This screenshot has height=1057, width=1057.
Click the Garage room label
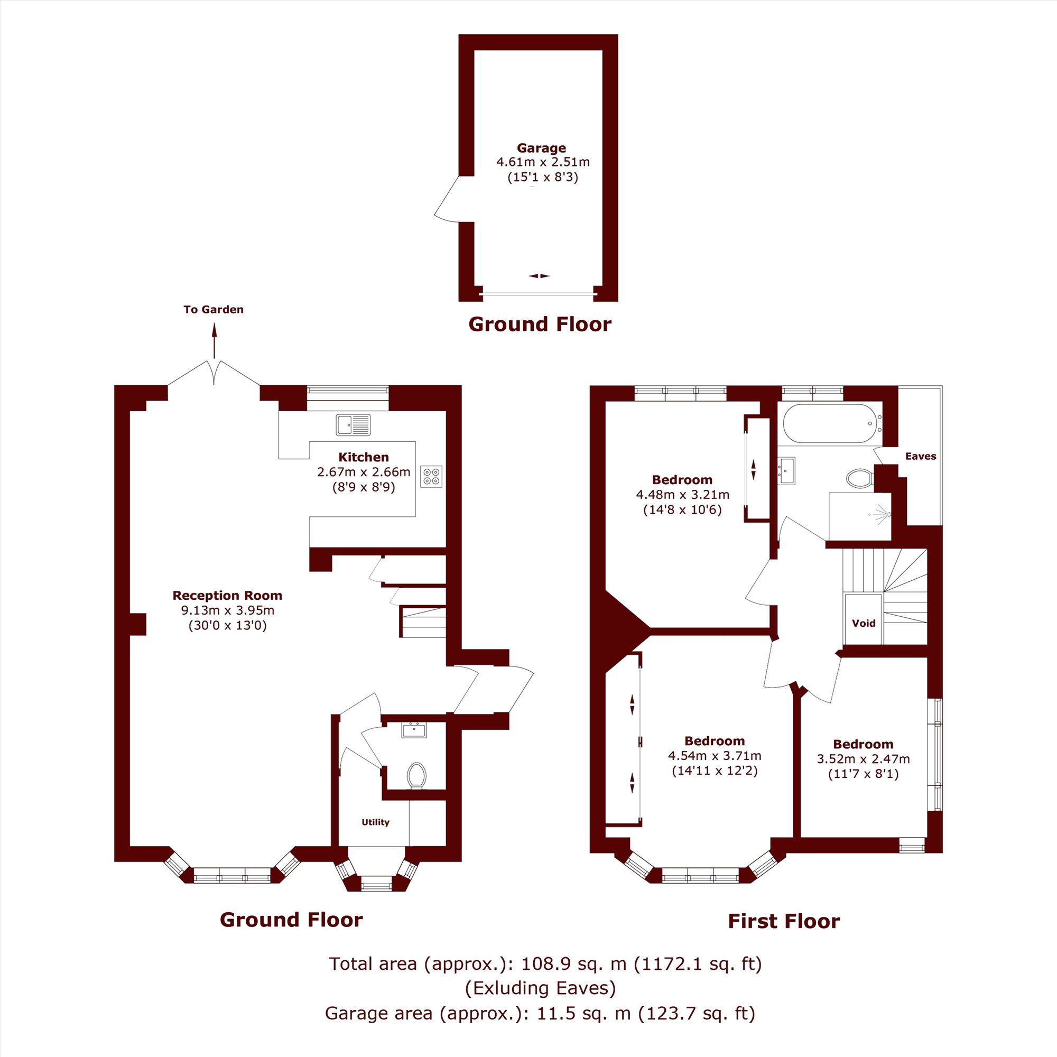point(542,148)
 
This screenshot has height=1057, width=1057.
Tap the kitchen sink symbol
point(353,425)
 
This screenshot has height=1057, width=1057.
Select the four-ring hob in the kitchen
point(431,476)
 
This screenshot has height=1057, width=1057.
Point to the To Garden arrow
point(214,340)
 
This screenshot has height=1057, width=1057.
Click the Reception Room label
point(227,595)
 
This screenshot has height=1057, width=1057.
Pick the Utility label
point(375,822)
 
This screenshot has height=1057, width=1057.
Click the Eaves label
point(921,456)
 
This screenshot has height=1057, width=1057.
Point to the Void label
point(864,623)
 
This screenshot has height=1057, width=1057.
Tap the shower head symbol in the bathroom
point(881,515)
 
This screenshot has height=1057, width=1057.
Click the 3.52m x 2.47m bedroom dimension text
point(864,759)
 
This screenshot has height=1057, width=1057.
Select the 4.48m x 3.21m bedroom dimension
point(682,495)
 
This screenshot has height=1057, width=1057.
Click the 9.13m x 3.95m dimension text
point(228,610)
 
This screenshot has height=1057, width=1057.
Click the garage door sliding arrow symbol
point(540,276)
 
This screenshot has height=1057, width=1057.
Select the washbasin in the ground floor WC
point(414,730)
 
